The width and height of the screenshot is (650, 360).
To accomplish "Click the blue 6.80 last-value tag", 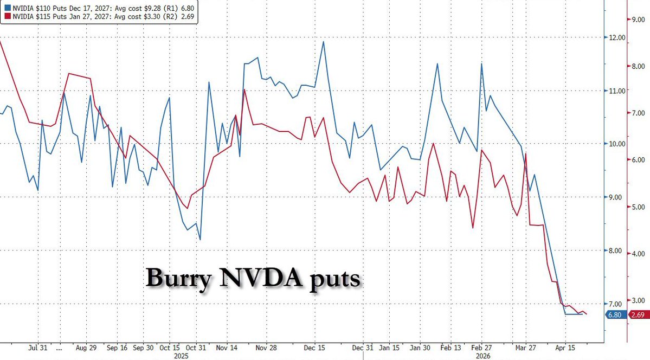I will [614, 314].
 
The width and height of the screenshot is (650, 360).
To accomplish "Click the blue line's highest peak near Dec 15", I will [324, 41].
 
